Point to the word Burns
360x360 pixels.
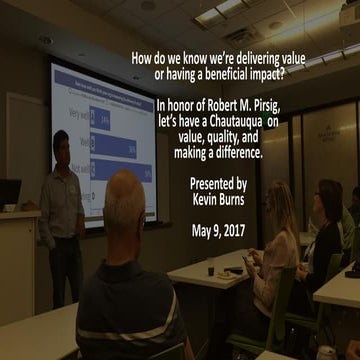[254, 198]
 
